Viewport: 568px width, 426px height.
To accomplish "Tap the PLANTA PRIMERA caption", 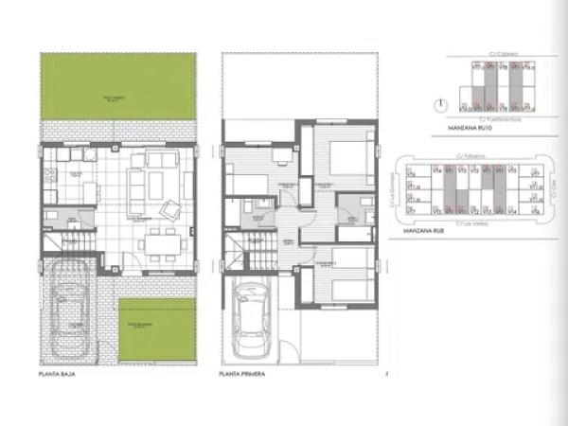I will (242, 374).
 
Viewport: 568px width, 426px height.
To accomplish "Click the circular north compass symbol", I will (438, 105).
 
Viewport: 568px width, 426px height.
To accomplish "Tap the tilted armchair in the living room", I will (173, 208).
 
